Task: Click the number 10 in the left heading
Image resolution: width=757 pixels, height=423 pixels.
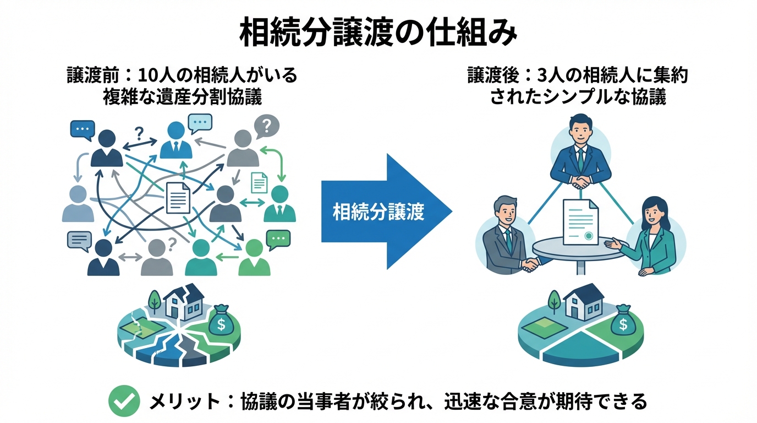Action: [x=148, y=75]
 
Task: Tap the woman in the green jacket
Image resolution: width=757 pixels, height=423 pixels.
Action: [x=655, y=237]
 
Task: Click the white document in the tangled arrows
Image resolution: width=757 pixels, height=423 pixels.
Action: [x=178, y=198]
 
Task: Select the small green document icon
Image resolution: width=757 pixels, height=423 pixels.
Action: [x=259, y=182]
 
